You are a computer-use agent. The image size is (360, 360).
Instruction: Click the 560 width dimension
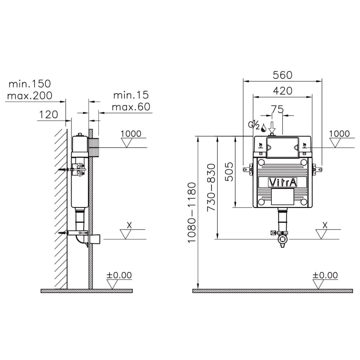[x=282, y=75]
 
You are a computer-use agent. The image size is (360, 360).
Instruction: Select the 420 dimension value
[x=282, y=91]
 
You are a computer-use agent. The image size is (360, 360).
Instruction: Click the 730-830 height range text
[x=212, y=187]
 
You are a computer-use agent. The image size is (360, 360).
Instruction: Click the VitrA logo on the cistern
[x=283, y=183]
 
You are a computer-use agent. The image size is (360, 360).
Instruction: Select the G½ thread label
[x=254, y=125]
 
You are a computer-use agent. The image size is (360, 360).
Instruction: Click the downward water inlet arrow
[x=272, y=127]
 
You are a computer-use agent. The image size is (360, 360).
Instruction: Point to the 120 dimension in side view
[x=48, y=115]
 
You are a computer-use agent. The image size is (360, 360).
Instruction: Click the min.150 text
[x=30, y=84]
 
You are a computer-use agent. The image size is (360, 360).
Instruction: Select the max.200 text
[x=30, y=95]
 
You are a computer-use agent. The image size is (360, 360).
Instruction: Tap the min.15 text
[x=131, y=95]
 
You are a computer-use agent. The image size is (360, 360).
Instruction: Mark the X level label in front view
[x=325, y=225]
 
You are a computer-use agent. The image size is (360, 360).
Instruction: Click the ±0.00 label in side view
[x=119, y=275]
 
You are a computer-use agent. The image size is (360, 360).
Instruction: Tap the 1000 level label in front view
[x=339, y=134]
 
